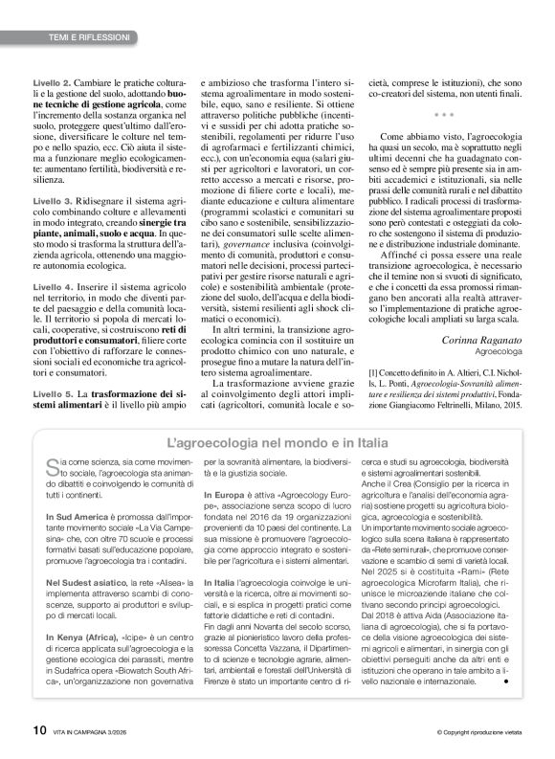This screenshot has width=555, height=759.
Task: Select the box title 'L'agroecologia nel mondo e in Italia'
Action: click(277, 443)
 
